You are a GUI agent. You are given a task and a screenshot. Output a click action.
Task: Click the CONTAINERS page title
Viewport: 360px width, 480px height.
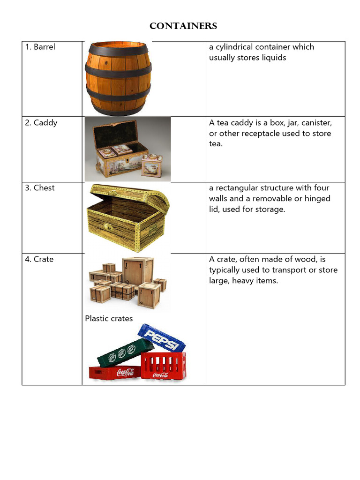tap(183, 26)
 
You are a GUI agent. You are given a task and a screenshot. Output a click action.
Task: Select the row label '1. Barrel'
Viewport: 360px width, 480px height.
tap(40, 47)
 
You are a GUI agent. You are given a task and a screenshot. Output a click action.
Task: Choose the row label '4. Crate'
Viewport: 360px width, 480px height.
tap(39, 259)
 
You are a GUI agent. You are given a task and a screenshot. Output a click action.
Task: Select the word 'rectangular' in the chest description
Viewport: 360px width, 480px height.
tap(239, 188)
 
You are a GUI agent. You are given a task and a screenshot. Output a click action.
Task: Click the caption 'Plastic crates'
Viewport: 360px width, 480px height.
tap(109, 319)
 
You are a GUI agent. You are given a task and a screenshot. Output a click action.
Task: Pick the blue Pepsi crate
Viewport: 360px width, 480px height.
tap(161, 338)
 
